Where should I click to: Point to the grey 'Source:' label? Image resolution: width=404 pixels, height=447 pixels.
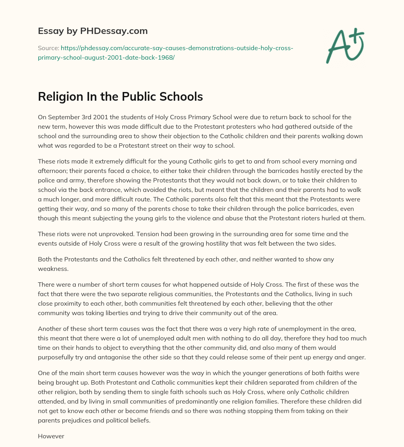pyautogui.click(x=48, y=48)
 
